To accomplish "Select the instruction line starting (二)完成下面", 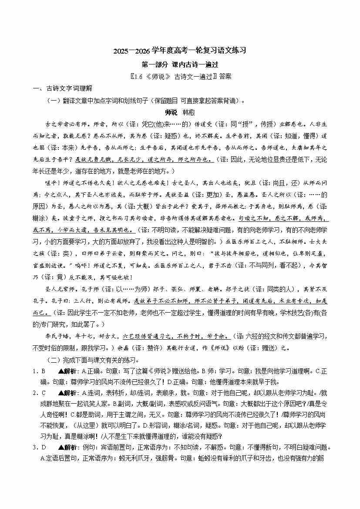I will click(x=93, y=360).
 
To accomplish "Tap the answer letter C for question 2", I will click(x=44, y=393).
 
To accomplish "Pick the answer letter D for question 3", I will click(x=44, y=447).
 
